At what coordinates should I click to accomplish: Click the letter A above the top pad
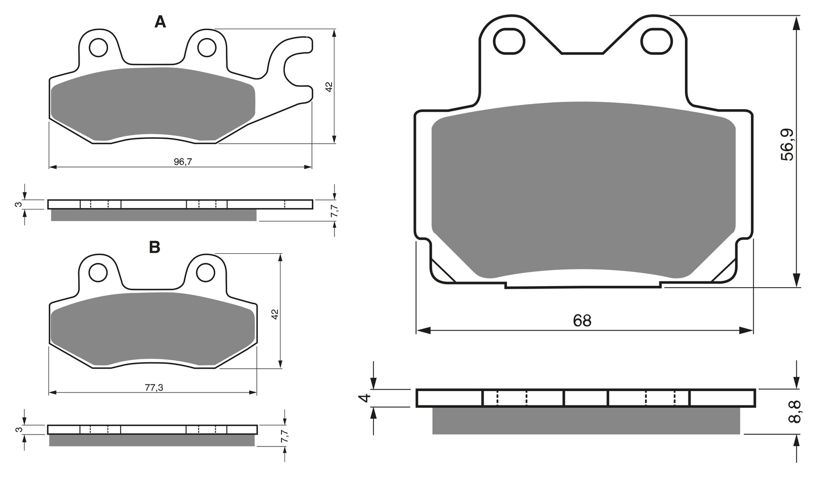(160, 22)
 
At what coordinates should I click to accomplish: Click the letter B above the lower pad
(154, 247)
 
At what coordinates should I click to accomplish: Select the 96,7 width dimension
(182, 162)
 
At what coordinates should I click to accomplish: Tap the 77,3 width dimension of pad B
(154, 388)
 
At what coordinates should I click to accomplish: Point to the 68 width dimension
(582, 321)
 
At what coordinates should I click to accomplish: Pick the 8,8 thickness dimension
(795, 412)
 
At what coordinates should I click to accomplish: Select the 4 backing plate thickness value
(365, 398)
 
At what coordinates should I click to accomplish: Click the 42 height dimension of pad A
(328, 87)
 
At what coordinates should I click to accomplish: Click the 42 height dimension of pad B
(274, 314)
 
